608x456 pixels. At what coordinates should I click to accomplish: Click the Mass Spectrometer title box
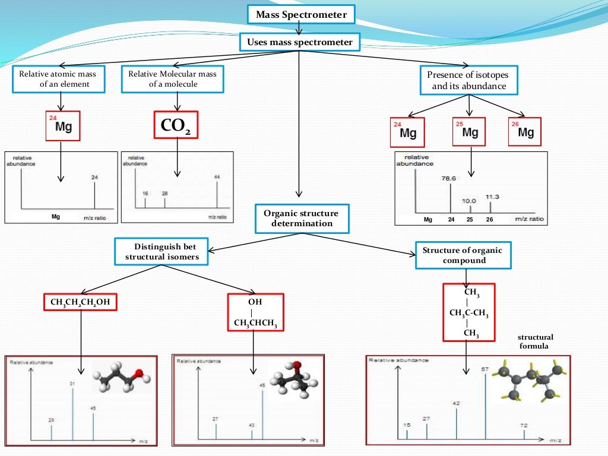click(301, 15)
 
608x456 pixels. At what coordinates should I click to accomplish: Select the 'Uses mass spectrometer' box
click(300, 42)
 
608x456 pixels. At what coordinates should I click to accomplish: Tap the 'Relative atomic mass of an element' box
click(58, 79)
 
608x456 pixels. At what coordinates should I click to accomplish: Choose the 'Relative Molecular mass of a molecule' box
click(172, 79)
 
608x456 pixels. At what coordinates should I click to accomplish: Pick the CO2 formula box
click(176, 125)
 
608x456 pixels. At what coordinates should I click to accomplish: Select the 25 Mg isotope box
click(469, 131)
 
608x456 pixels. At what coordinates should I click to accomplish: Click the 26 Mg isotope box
click(525, 131)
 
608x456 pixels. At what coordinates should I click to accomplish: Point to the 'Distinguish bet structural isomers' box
click(162, 251)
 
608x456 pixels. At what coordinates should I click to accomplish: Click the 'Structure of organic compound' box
click(462, 255)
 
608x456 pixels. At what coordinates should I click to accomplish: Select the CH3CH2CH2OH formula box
click(80, 303)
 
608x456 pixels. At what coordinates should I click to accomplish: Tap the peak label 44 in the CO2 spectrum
click(217, 177)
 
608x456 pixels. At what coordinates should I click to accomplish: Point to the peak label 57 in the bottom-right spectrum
click(484, 369)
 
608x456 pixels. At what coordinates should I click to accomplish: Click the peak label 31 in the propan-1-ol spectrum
click(72, 384)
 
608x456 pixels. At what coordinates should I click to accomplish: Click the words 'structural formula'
click(535, 341)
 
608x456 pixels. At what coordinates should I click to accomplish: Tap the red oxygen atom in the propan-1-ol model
click(138, 373)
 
